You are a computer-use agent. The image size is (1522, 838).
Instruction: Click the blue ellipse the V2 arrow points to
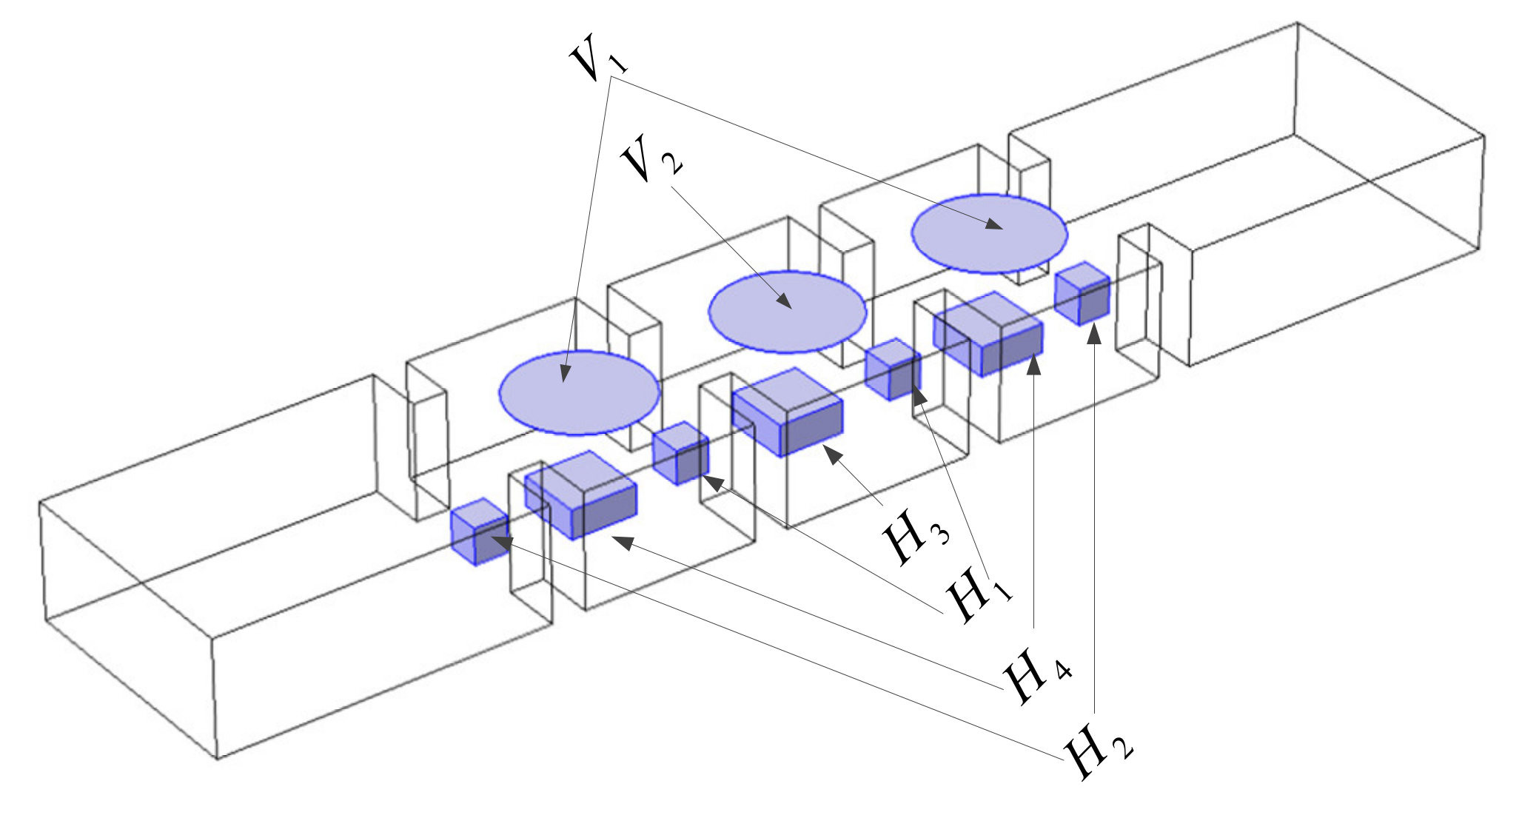click(x=788, y=312)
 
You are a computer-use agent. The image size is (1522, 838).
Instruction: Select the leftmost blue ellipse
click(x=580, y=392)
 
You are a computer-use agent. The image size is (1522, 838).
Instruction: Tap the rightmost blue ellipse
click(x=989, y=233)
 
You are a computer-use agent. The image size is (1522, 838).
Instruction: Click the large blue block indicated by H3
click(x=788, y=412)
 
